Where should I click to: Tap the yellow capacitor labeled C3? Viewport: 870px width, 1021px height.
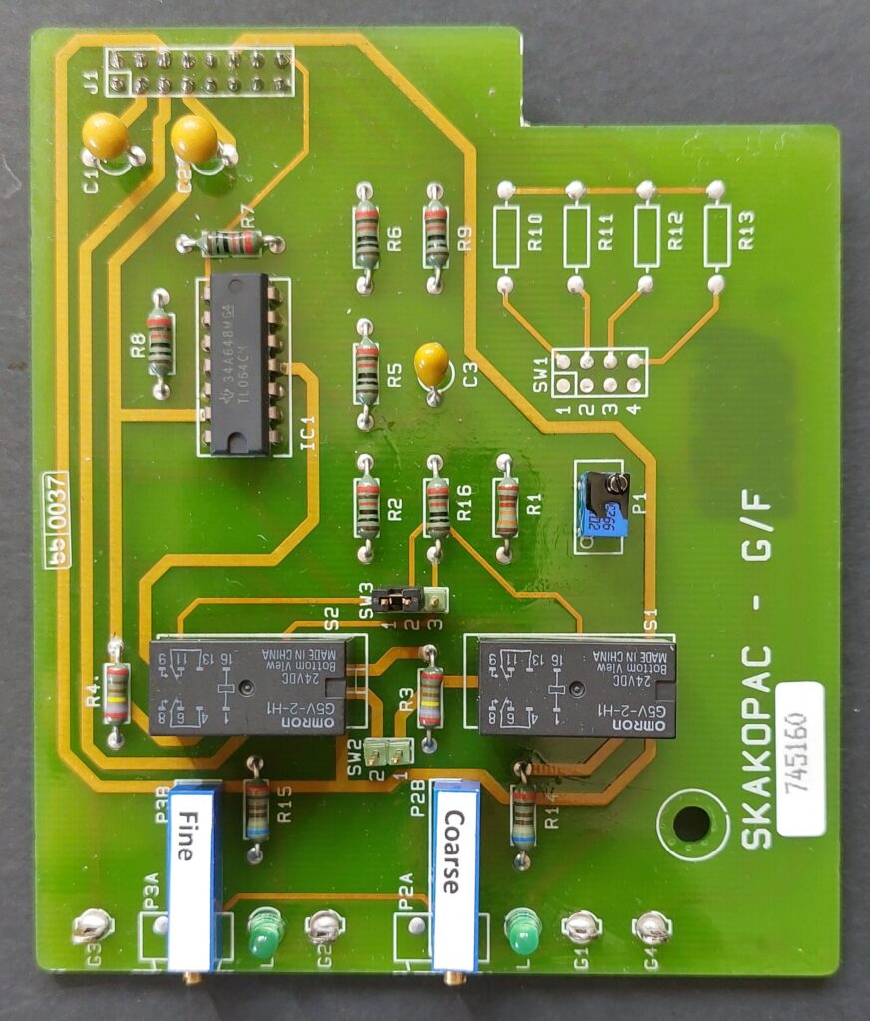(431, 363)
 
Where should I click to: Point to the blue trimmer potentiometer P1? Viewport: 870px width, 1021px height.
(603, 504)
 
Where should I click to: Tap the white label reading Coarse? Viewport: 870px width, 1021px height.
(455, 877)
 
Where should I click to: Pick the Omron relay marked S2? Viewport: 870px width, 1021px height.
(247, 687)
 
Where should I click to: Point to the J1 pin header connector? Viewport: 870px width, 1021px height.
(201, 72)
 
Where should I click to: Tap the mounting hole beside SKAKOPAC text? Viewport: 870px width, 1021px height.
(690, 824)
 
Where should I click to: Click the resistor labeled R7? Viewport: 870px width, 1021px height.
(230, 242)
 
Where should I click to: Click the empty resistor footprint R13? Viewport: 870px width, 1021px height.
(715, 236)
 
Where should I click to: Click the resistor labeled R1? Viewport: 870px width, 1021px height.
(507, 507)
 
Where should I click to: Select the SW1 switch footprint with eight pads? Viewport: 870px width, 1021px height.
(600, 373)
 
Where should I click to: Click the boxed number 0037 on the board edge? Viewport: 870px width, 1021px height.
(56, 518)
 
